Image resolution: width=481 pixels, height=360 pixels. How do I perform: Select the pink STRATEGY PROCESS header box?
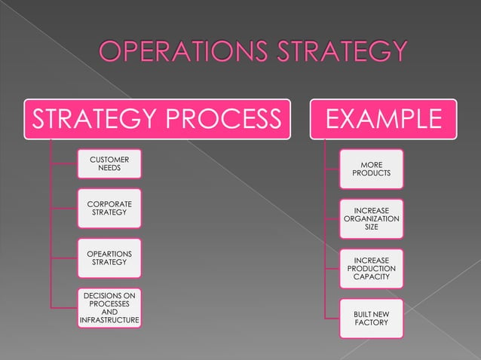(x=155, y=119)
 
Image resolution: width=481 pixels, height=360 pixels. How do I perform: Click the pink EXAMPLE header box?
(x=381, y=119)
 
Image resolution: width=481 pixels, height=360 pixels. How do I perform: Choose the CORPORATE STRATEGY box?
(x=109, y=209)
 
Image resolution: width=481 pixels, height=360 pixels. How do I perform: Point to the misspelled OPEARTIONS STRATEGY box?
(x=109, y=258)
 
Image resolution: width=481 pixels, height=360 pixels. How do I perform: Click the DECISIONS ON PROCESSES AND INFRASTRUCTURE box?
(x=109, y=308)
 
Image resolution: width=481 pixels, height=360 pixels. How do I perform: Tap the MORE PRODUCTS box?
(x=371, y=169)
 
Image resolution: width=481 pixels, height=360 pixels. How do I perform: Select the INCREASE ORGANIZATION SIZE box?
(x=371, y=218)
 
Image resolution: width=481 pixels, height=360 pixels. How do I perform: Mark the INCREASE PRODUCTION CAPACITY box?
(x=371, y=269)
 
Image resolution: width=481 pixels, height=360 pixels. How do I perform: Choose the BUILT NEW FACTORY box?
(x=371, y=318)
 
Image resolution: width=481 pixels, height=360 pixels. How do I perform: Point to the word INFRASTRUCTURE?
(x=109, y=321)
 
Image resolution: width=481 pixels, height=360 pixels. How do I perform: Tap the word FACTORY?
(x=371, y=323)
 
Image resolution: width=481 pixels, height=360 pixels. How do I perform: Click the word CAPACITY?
(x=371, y=277)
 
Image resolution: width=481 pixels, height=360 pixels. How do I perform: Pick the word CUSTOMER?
(x=109, y=160)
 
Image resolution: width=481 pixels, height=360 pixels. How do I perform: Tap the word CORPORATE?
(x=109, y=204)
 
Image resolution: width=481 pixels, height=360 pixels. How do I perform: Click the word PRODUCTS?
(x=371, y=175)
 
